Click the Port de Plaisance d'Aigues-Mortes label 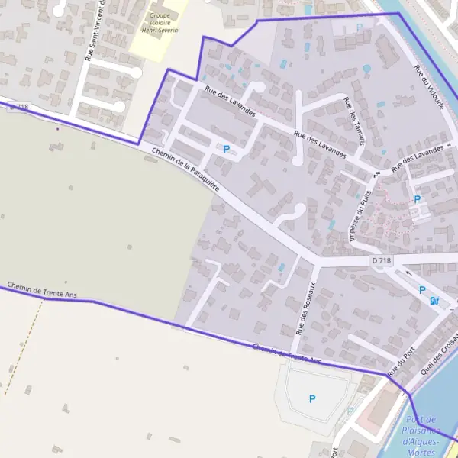click(421, 436)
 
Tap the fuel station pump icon click(434, 302)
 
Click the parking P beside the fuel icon click(422, 291)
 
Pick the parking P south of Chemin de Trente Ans click(311, 398)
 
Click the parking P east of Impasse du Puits click(417, 199)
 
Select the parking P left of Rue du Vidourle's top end click(360, 28)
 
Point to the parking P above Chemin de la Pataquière click(226, 149)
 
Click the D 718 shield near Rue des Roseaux click(382, 261)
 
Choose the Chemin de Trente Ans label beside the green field click(41, 291)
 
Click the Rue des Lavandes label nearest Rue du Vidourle click(417, 159)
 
